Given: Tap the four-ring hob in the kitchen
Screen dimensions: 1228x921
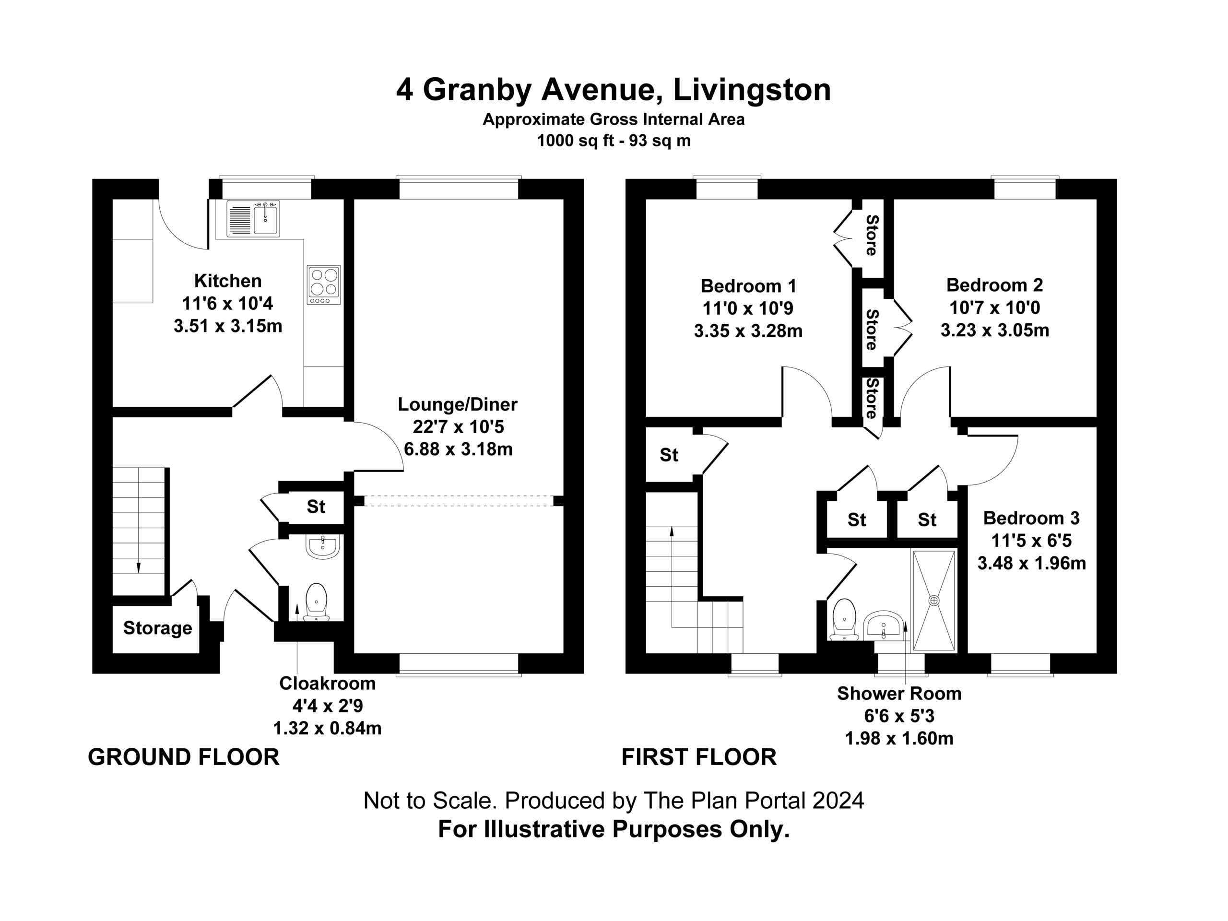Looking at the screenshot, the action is click(x=324, y=285).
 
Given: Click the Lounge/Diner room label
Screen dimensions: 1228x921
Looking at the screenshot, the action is click(x=458, y=404).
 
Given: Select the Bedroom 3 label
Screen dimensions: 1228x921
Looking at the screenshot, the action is click(x=1031, y=518).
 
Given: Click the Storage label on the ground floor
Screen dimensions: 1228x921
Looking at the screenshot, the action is click(x=158, y=628).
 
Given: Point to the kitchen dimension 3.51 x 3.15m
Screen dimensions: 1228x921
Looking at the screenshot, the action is click(x=228, y=326).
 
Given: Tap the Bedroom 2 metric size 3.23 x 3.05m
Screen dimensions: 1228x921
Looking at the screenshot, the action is click(x=995, y=331).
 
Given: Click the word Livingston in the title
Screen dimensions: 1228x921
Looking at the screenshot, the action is click(x=752, y=90).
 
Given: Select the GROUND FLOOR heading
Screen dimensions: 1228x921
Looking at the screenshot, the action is click(x=184, y=757).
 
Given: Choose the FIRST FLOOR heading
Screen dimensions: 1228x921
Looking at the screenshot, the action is click(x=699, y=757).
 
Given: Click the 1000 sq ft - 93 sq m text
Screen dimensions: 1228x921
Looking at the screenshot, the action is click(x=614, y=141).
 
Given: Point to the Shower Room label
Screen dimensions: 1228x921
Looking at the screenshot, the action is click(x=899, y=693).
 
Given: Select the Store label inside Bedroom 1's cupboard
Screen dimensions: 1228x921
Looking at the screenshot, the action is click(x=872, y=235).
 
